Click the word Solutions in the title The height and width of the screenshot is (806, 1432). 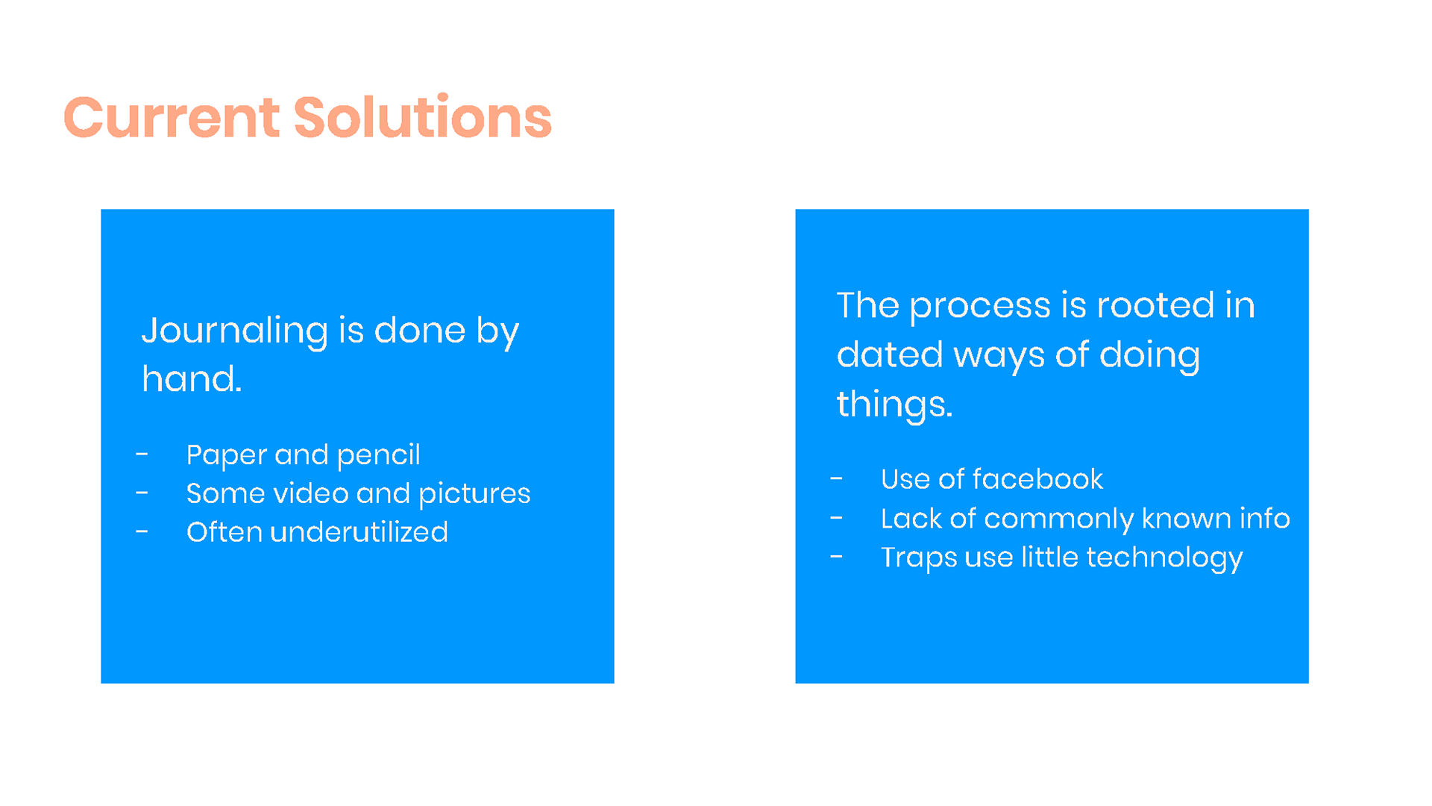[423, 117]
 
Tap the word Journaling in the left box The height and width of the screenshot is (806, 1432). [235, 331]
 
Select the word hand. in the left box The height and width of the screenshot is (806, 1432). [192, 378]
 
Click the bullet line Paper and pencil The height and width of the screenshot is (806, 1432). [303, 455]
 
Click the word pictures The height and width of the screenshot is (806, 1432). [474, 494]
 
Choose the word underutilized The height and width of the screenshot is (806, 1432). [359, 532]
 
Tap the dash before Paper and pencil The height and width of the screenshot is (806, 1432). [142, 454]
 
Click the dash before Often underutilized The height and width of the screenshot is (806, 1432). [142, 531]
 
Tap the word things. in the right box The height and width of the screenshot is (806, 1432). [894, 405]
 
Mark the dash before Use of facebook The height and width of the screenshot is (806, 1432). [836, 478]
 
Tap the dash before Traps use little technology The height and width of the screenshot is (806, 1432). [836, 556]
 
